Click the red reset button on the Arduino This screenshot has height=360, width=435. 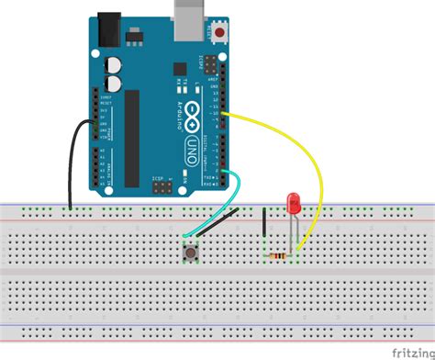[221, 35]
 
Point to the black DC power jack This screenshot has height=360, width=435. [110, 27]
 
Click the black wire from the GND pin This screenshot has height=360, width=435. [71, 165]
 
